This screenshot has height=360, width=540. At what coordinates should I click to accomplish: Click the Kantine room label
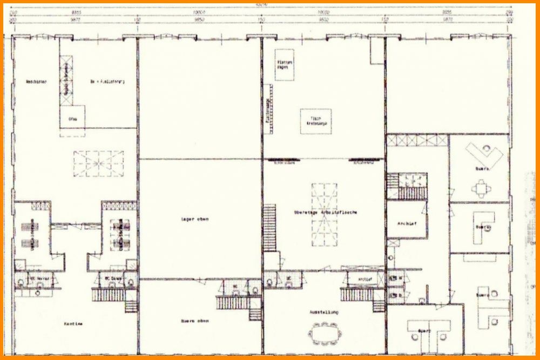pos(75,324)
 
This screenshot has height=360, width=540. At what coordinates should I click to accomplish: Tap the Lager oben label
pos(195,219)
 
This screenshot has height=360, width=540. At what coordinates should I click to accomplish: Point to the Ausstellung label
pos(323,312)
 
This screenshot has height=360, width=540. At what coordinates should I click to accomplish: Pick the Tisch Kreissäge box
pos(316,121)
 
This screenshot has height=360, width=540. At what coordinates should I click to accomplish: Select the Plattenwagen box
pos(284,65)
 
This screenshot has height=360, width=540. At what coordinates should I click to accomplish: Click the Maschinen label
pos(36,82)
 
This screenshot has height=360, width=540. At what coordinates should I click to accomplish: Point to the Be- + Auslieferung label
pos(107,82)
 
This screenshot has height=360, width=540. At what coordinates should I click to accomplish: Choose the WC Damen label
pos(111,279)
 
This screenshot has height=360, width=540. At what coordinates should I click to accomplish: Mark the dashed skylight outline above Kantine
pos(98,164)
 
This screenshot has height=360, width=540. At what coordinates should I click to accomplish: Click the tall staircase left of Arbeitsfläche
pos(269,227)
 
